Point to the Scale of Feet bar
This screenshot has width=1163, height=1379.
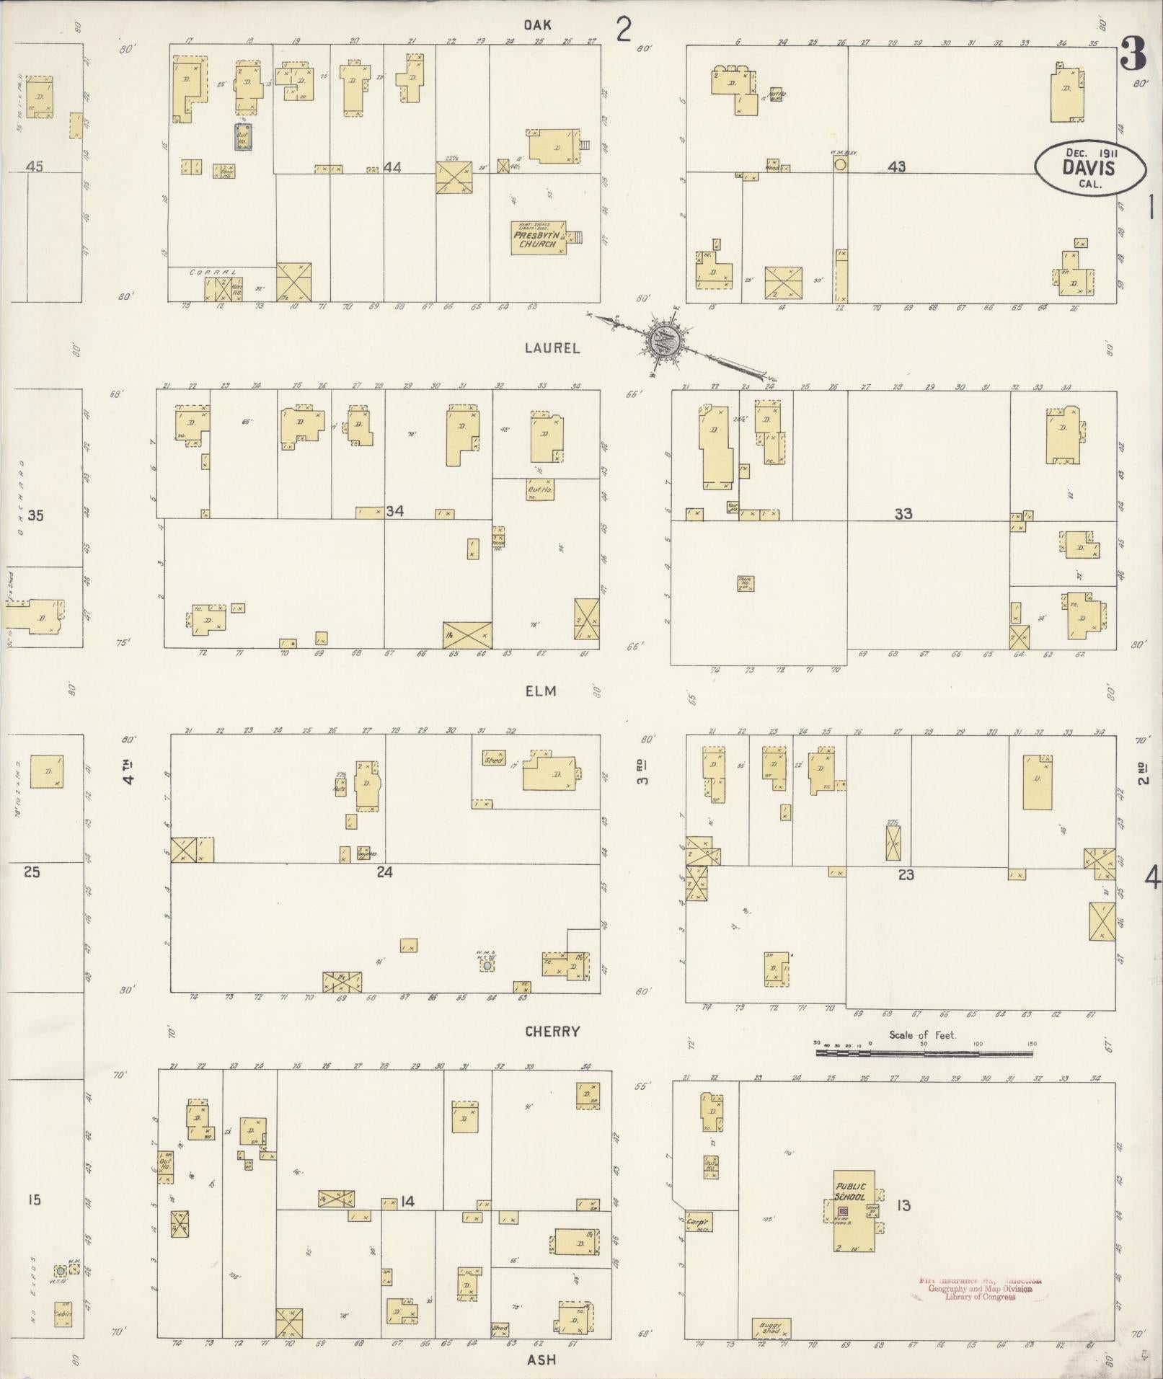(924, 1052)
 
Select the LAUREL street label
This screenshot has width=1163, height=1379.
(552, 348)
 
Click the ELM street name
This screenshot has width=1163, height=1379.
(541, 691)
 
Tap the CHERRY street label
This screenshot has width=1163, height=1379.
(552, 1032)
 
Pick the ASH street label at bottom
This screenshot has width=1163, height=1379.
(541, 1360)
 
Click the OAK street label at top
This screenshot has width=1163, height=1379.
(537, 25)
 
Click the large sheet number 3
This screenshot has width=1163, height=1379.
(1134, 54)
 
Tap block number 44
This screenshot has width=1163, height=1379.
(392, 167)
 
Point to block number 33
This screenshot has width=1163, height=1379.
(903, 513)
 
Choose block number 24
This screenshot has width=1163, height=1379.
(384, 872)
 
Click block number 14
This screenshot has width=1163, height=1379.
(408, 1202)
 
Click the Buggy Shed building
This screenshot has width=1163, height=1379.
(771, 1328)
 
